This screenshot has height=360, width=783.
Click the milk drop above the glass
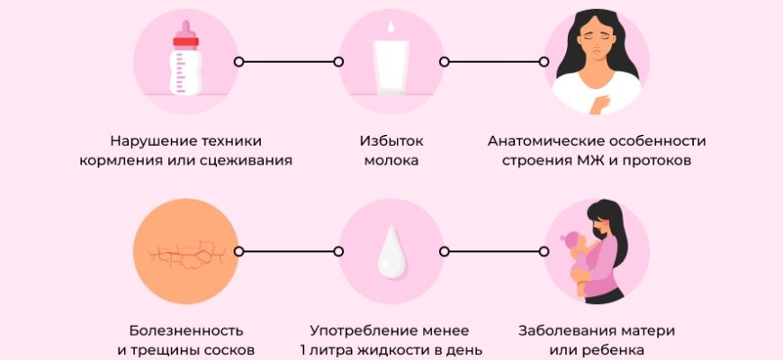[390, 27]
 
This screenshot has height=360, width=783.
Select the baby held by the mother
[580, 262]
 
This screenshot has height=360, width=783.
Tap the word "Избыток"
[391, 141]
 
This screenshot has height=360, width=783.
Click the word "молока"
[391, 162]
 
